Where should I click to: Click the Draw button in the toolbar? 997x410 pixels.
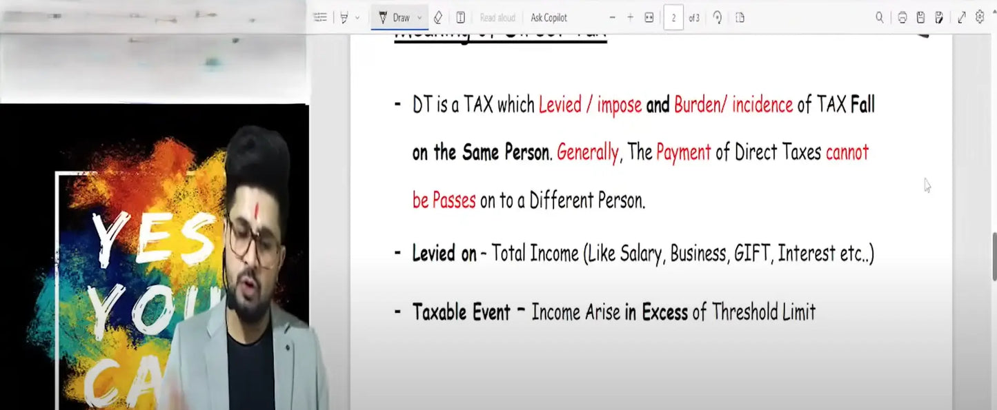(x=395, y=18)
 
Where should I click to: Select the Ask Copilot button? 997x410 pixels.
(x=549, y=18)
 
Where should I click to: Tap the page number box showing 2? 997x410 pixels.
(x=673, y=18)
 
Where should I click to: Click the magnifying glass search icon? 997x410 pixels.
(x=879, y=18)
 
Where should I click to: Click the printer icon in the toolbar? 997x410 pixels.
(x=902, y=18)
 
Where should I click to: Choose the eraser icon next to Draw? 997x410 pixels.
(x=437, y=18)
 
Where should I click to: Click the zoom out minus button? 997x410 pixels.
(x=612, y=18)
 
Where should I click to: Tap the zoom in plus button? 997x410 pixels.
(x=630, y=18)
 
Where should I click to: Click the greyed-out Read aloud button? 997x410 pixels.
(x=497, y=18)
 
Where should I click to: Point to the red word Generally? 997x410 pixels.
(x=587, y=152)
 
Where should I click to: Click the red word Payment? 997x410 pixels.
(x=683, y=152)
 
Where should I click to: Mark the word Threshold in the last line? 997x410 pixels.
(x=744, y=312)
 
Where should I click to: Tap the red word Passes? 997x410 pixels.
(x=453, y=201)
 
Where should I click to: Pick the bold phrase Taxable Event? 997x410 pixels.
(x=461, y=312)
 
